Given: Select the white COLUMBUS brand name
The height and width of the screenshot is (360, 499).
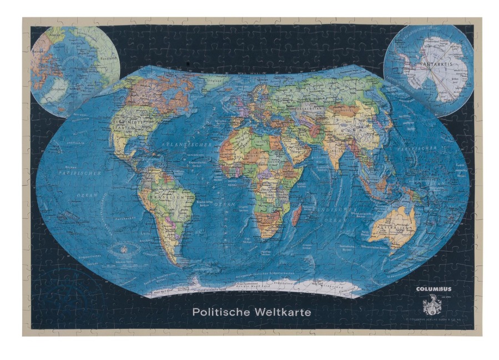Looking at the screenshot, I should click(434, 289).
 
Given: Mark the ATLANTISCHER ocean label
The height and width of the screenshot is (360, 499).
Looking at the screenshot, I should click(169, 145).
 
